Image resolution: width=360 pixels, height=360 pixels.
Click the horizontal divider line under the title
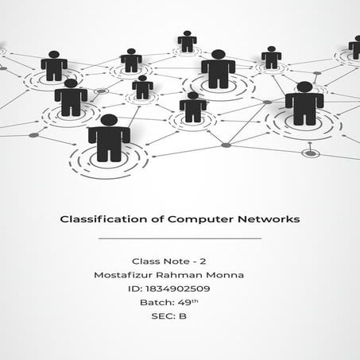[x=180, y=238]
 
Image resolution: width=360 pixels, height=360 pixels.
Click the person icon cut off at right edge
[x=354, y=48]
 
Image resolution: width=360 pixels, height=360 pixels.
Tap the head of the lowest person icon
[x=109, y=120]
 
